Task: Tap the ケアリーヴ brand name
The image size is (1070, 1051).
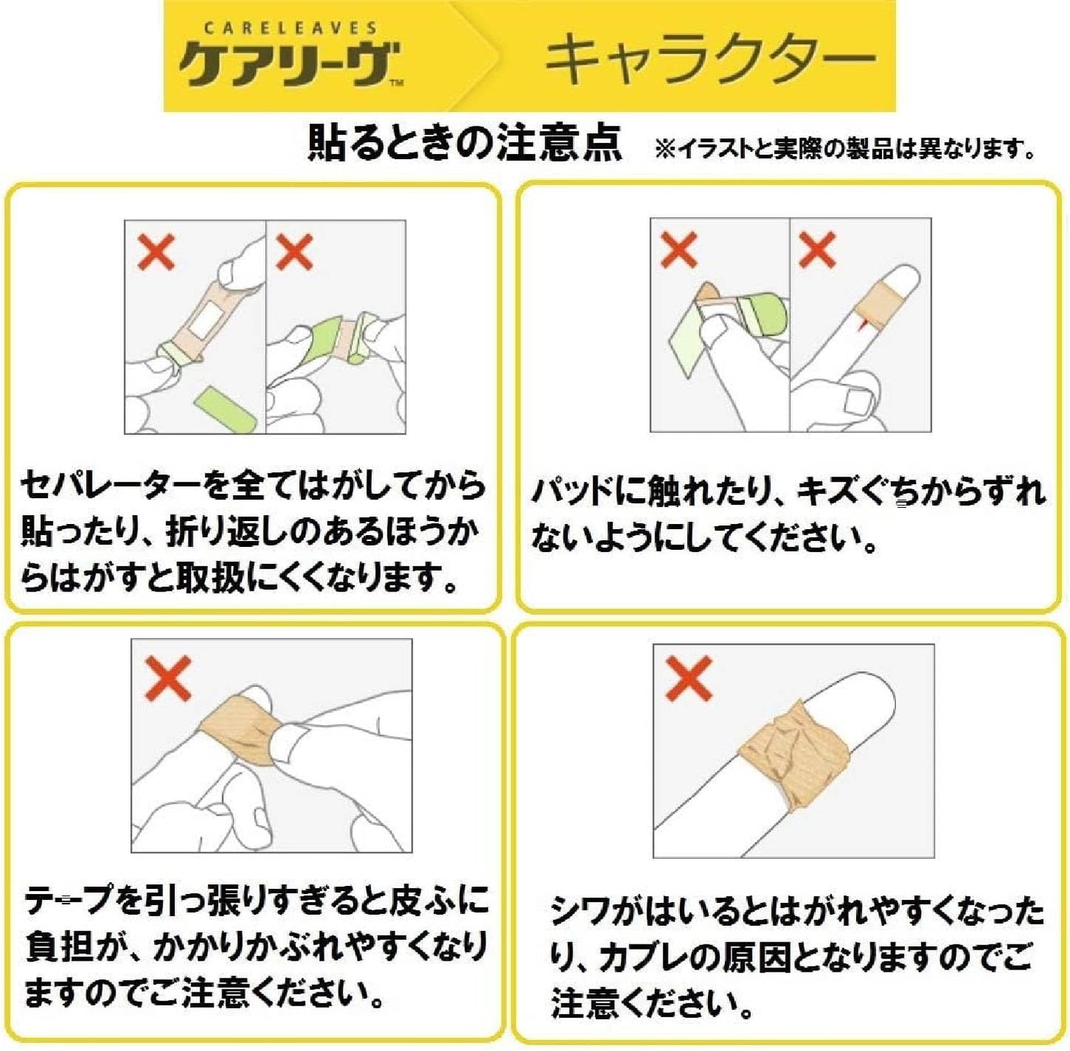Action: pyautogui.click(x=288, y=64)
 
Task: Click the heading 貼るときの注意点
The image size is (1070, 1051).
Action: pyautogui.click(x=465, y=144)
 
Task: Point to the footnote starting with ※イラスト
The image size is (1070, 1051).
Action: pyautogui.click(x=845, y=148)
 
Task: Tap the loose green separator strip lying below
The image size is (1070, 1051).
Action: pyautogui.click(x=227, y=409)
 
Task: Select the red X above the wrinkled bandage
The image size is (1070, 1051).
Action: pyautogui.click(x=689, y=678)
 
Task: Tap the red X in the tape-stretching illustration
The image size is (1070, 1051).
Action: pyautogui.click(x=167, y=678)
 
